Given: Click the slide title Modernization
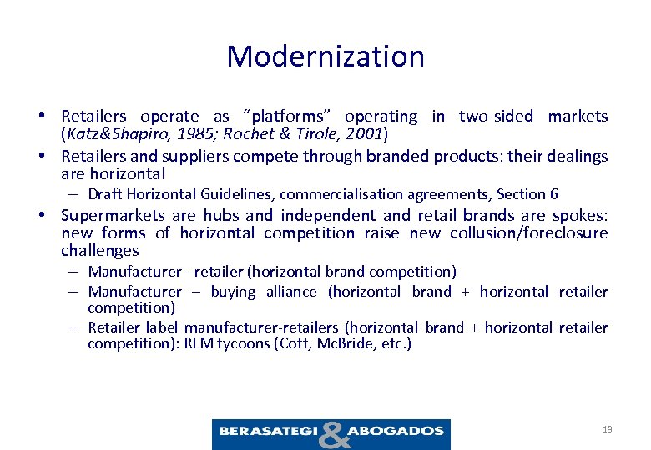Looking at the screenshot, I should click(325, 57).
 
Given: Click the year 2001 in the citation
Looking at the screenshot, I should click(364, 133).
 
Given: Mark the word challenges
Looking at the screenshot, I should click(100, 251).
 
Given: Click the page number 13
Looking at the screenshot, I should click(607, 429).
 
